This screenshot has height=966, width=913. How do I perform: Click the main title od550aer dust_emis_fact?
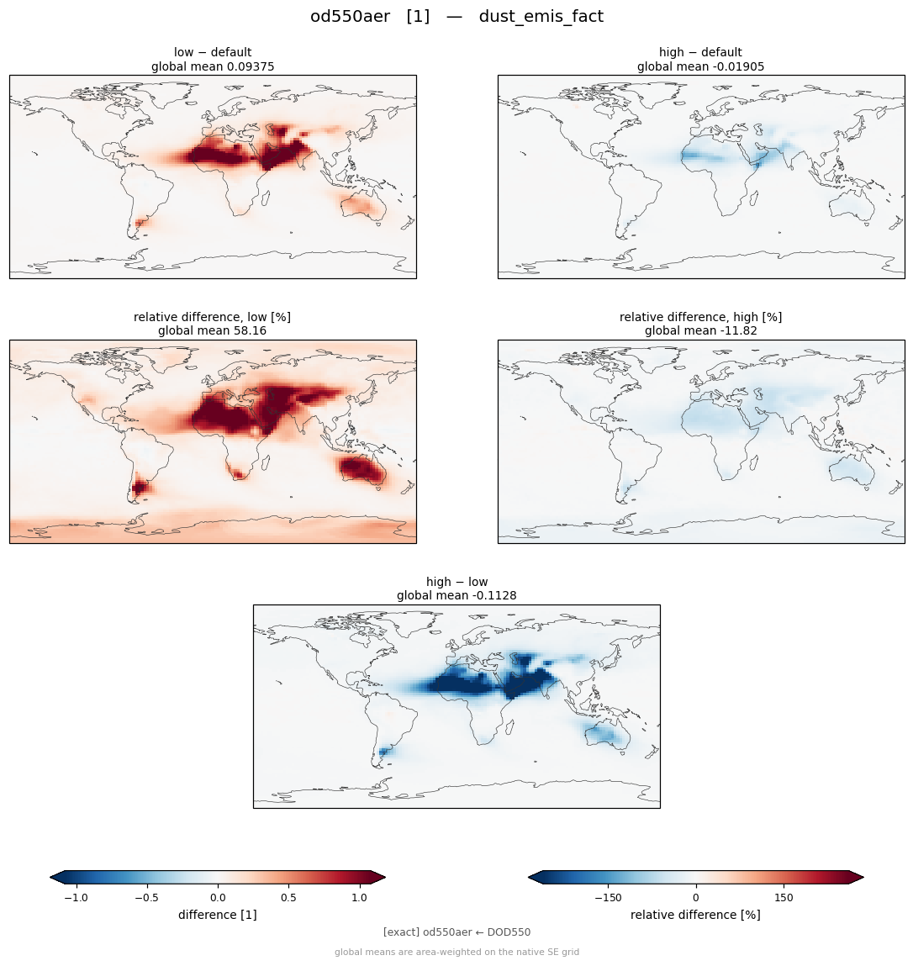coord(456,16)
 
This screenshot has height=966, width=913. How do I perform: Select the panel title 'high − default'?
coord(700,52)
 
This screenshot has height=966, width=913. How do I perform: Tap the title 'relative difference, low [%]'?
coord(213,317)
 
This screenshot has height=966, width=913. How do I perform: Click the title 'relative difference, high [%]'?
coord(700,317)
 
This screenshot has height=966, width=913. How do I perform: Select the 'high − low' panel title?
coord(456,582)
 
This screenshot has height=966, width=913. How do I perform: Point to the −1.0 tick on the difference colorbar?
coord(76,898)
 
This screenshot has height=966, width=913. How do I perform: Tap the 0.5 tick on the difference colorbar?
coord(288,898)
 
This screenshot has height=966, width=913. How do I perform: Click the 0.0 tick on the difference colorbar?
coord(218,898)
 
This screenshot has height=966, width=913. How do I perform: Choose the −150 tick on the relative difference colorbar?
coord(608,898)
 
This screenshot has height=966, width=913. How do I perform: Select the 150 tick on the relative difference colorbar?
coord(784,898)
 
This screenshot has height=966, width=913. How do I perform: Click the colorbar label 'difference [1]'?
coord(218,915)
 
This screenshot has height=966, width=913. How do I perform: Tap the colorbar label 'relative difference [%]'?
coord(695,915)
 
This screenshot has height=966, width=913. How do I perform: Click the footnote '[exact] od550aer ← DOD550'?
coord(456,932)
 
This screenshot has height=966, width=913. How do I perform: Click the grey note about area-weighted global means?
coord(456,953)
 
